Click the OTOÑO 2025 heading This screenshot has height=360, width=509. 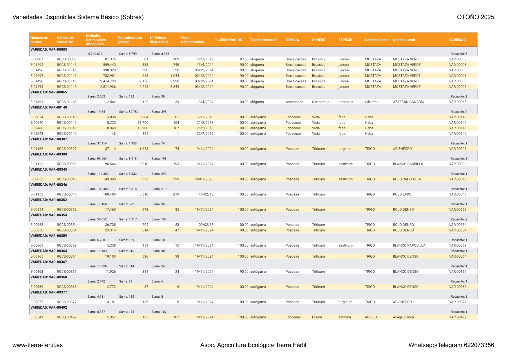tap(475, 17)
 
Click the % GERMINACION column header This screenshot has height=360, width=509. tap(229, 40)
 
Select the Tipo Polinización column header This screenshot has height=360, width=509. tap(264, 40)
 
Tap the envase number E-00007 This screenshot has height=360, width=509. tap(37, 59)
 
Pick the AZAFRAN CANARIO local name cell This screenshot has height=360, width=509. tap(408, 102)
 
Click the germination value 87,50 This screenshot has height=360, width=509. tap(244, 59)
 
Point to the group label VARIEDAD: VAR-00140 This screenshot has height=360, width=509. tap(49, 107)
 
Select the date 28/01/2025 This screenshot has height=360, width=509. tap(204, 179)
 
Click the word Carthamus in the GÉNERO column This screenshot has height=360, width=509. tap(320, 102)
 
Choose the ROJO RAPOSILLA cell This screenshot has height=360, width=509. tap(407, 179)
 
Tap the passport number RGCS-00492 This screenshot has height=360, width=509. tap(67, 317)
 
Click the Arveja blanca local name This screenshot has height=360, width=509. tap(403, 317)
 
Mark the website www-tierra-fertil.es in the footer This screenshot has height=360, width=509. tap(37, 345)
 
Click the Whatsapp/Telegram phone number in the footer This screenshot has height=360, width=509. tap(451, 345)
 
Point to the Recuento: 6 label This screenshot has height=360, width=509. tap(459, 54)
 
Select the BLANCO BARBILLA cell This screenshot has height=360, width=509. tap(408, 164)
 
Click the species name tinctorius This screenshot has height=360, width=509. tap(345, 102)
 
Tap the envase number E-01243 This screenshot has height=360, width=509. tap(37, 133)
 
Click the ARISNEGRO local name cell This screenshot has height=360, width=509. tap(402, 302)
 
